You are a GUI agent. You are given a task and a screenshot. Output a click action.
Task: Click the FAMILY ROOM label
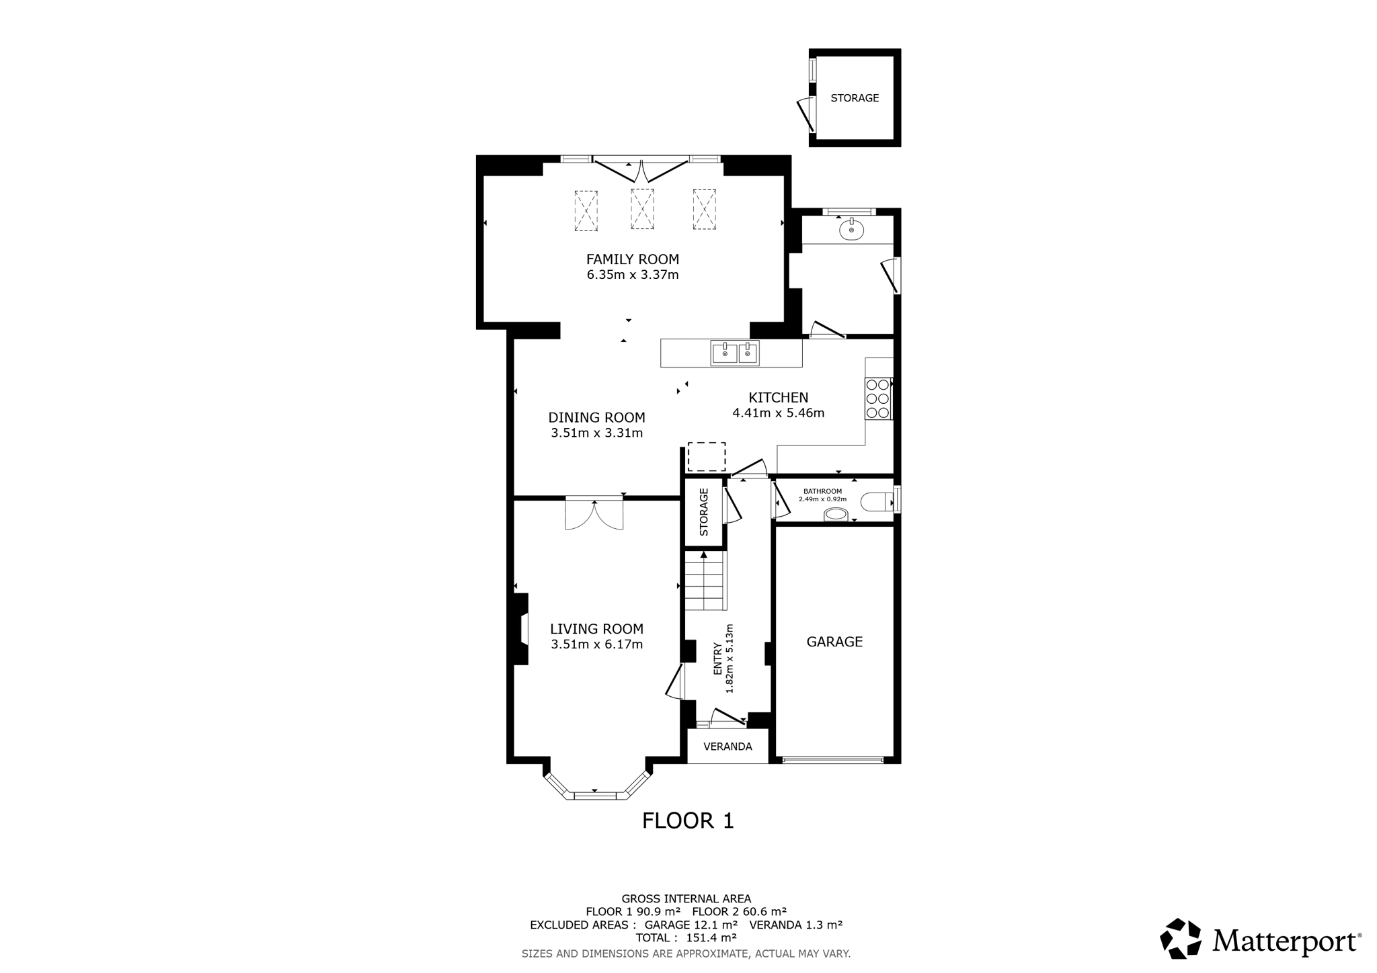633,259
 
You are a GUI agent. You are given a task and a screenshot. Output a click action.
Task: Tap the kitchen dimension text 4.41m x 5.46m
778,413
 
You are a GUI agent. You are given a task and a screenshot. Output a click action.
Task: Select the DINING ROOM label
596,417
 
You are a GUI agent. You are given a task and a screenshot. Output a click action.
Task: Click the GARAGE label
834,642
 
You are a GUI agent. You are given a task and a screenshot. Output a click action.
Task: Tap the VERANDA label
727,747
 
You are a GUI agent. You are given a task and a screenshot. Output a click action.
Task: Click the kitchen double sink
735,353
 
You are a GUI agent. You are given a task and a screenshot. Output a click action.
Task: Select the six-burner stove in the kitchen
878,398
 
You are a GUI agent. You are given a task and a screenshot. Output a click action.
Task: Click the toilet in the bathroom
879,501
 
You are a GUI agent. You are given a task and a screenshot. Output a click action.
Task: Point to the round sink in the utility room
851,230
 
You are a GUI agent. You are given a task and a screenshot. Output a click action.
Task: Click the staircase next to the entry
705,581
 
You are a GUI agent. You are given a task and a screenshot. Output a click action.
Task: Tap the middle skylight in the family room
642,209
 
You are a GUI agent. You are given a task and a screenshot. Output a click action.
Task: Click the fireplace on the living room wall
520,629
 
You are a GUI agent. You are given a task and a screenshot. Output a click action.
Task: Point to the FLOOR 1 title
688,820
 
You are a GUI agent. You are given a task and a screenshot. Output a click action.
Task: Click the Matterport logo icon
1181,938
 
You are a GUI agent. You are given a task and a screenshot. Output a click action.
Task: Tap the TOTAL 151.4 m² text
686,937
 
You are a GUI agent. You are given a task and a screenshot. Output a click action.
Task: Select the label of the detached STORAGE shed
855,98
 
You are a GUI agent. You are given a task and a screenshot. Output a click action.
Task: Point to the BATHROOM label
822,491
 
